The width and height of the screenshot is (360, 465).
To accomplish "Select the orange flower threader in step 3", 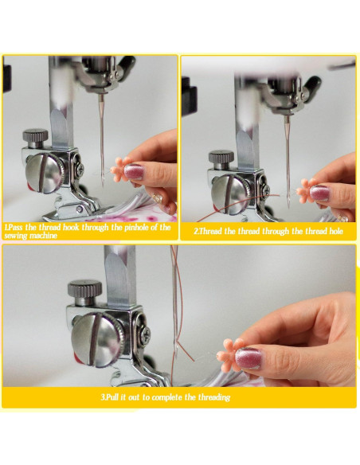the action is click(x=229, y=355).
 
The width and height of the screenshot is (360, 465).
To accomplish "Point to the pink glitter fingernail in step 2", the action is click(x=319, y=193).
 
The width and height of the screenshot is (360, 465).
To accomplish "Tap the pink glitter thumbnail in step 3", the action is click(x=248, y=358).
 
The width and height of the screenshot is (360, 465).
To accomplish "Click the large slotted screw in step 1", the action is click(x=44, y=174).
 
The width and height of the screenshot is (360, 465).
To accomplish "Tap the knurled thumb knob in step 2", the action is click(x=221, y=160).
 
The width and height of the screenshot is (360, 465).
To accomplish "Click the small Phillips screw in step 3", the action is click(x=145, y=334).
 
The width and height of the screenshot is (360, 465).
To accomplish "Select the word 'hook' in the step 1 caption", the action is click(x=71, y=228).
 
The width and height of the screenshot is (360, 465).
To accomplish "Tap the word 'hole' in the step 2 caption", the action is click(x=336, y=231).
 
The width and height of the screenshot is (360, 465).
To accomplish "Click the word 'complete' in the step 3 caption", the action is click(x=167, y=397).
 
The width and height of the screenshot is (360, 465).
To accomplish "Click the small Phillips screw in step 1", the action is click(x=80, y=168).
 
